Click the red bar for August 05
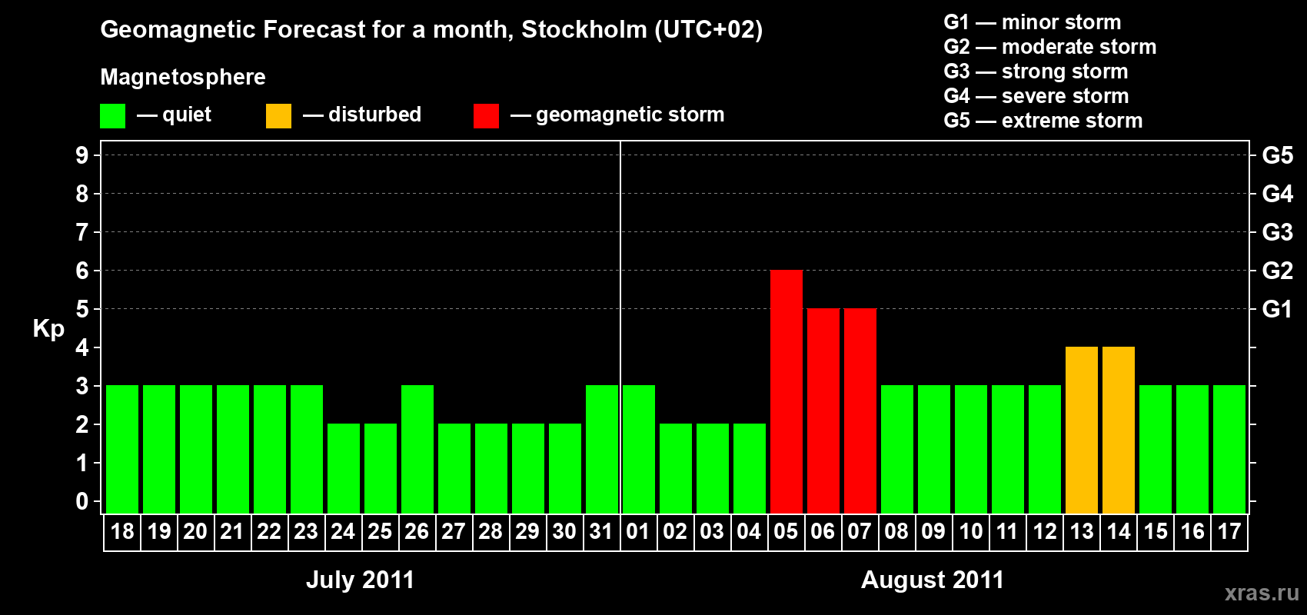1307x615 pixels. coord(786,392)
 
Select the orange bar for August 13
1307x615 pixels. coord(1081,430)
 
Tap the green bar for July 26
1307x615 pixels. coord(417,450)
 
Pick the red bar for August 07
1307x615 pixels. coord(860,411)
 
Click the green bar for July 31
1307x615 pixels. coord(601,450)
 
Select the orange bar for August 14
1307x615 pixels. coord(1118,430)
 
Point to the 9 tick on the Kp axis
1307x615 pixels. coord(82,155)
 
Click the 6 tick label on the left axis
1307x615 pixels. coord(82,271)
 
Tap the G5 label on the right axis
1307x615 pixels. coord(1277,155)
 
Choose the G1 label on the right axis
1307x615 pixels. coord(1277,309)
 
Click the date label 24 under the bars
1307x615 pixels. coord(343,531)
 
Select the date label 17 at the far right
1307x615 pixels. coord(1229,531)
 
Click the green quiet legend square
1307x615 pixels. coord(112,116)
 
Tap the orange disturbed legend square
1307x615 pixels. coord(278,116)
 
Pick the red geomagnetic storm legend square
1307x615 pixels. coord(486,116)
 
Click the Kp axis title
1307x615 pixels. coord(48,328)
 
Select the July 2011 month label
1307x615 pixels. coord(360,580)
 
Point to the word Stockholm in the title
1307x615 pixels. coord(584,29)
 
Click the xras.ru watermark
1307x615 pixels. coord(1262,592)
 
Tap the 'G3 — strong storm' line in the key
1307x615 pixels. coord(1036,71)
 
